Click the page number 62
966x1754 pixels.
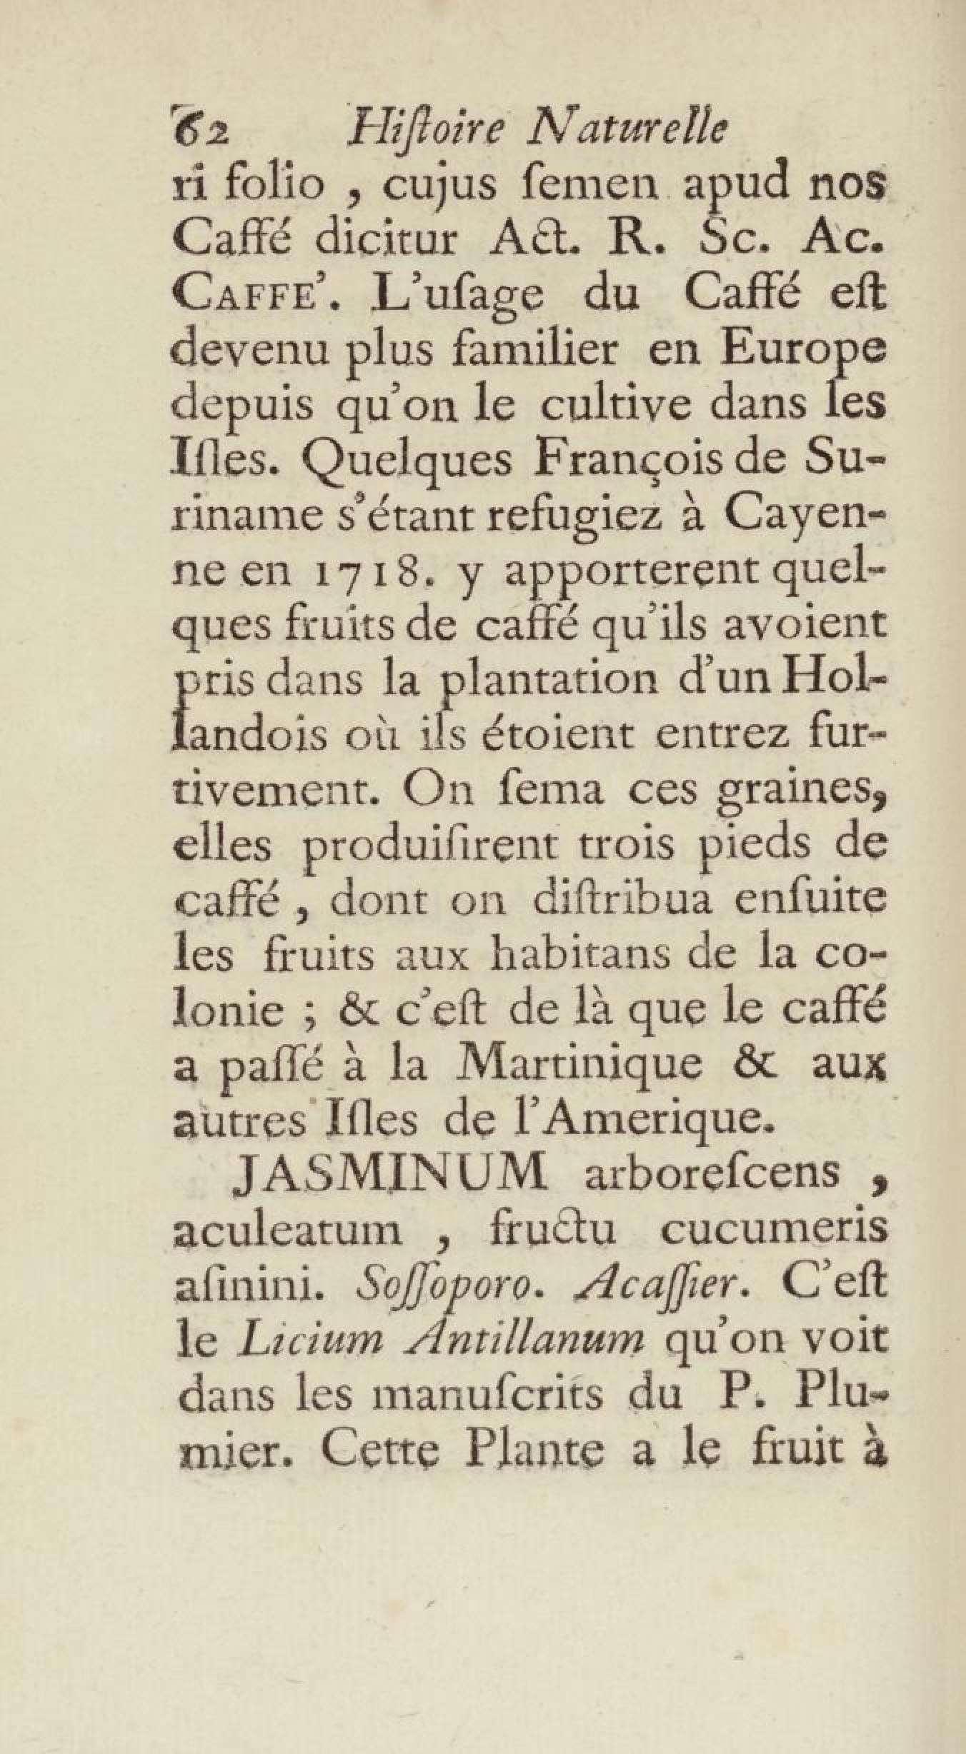point(200,132)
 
